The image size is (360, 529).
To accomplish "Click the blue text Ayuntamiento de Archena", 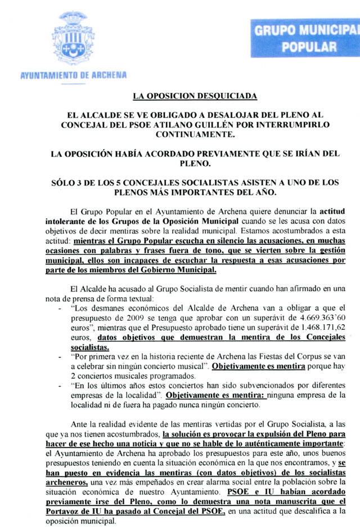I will [73, 74].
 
